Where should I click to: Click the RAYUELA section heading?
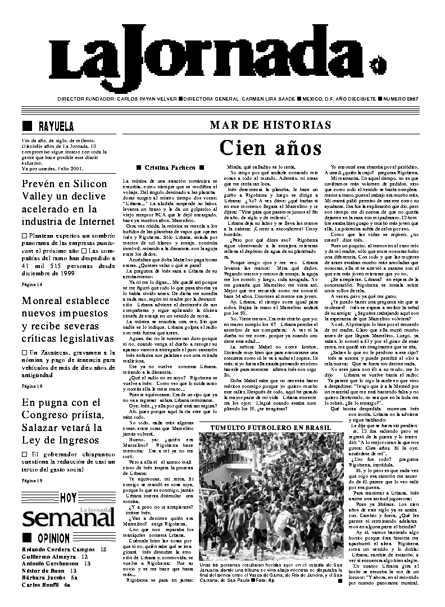(56, 126)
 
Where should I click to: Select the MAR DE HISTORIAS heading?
(270, 125)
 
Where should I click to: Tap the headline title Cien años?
(270, 148)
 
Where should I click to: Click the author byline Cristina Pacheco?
(170, 167)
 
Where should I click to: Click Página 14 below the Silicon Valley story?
(31, 284)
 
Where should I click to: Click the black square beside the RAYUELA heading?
(26, 125)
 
